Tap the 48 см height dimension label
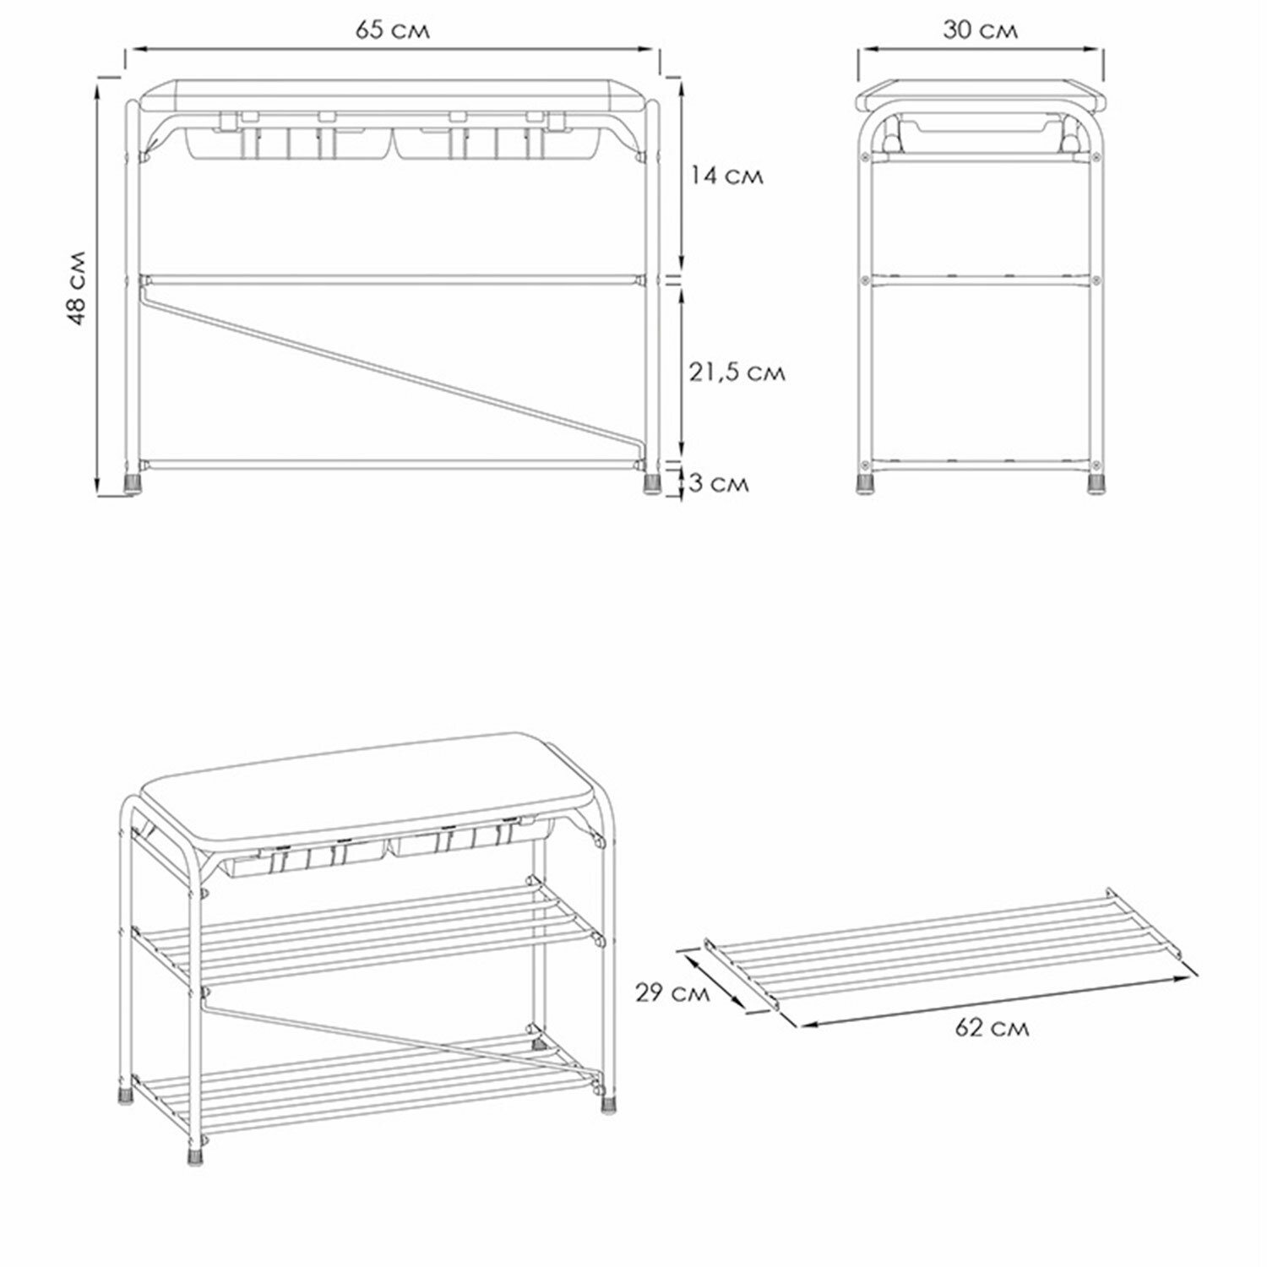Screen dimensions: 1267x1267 point(77,287)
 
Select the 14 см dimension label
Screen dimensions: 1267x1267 point(725,176)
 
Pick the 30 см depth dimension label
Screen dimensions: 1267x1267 point(980,30)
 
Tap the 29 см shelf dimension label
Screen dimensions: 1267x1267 point(672,993)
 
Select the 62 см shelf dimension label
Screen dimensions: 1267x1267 point(992,1028)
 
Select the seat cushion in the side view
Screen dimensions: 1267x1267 point(980,94)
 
